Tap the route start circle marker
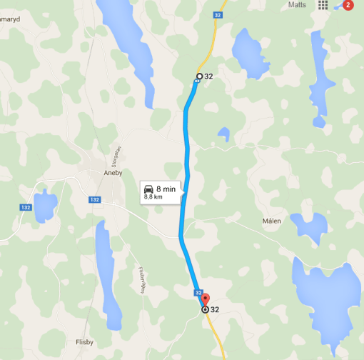click(x=199, y=76)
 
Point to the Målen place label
click(x=272, y=221)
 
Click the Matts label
click(x=298, y=5)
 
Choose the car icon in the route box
click(x=150, y=189)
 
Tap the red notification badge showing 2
click(x=348, y=5)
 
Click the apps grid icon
click(x=323, y=5)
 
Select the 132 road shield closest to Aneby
click(x=96, y=200)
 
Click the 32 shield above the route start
click(x=217, y=14)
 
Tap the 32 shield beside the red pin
click(x=198, y=292)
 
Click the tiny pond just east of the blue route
click(x=223, y=134)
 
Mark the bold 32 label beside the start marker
click(x=209, y=76)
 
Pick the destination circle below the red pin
click(x=206, y=310)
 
